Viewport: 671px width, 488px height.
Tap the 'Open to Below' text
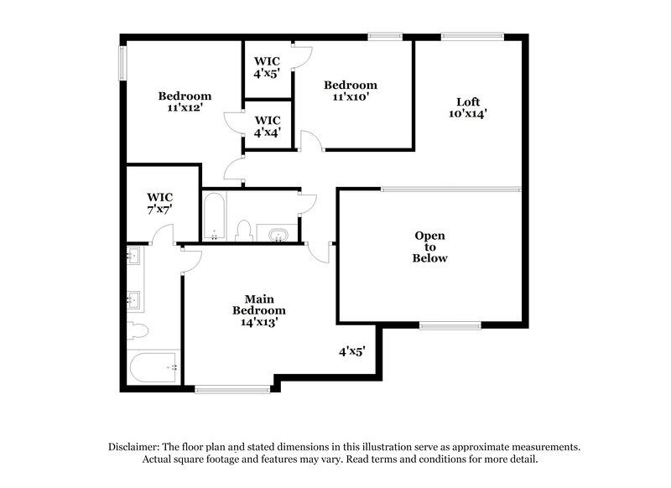(x=429, y=247)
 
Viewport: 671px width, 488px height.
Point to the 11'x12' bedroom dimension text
(x=185, y=109)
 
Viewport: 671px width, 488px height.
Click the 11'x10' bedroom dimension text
(x=350, y=97)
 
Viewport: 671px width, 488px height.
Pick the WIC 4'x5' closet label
(x=267, y=67)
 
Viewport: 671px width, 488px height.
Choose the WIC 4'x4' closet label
(x=267, y=126)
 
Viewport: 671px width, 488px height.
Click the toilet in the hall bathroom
(x=245, y=230)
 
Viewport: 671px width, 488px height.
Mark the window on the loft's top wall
(x=473, y=36)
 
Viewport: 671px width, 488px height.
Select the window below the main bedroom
(x=231, y=388)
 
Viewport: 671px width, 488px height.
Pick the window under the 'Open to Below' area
(x=450, y=325)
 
